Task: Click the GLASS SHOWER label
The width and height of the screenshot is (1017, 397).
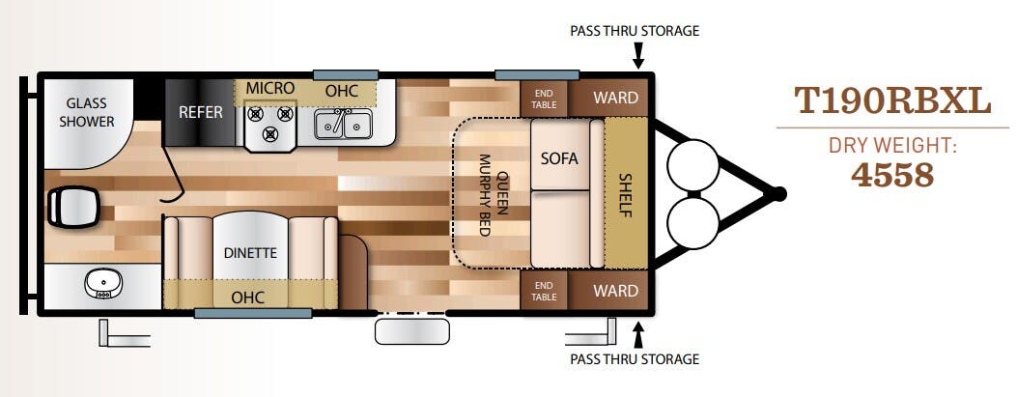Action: (x=86, y=112)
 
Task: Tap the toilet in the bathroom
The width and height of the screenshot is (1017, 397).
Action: (x=72, y=207)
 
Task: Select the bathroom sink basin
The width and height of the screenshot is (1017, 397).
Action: (x=103, y=284)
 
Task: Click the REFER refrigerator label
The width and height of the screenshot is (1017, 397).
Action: (x=201, y=112)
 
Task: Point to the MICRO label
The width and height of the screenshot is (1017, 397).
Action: (x=269, y=88)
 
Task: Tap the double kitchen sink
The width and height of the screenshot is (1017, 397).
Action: (x=344, y=124)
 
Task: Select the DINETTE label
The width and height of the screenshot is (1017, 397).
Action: (x=250, y=253)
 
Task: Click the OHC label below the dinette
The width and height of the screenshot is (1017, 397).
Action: (x=248, y=298)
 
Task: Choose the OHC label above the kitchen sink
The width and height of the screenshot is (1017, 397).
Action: (x=341, y=92)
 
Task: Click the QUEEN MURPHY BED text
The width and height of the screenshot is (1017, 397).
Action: (x=493, y=194)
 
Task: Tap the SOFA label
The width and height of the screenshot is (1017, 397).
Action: (x=559, y=158)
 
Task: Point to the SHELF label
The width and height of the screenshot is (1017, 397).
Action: (x=626, y=195)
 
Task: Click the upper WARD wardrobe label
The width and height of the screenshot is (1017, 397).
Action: (x=615, y=98)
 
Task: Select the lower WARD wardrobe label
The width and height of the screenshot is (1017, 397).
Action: (x=615, y=291)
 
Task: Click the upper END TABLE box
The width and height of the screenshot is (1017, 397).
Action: (x=544, y=99)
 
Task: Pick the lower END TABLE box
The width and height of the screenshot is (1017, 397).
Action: (x=544, y=291)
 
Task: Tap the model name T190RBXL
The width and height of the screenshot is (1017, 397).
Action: (x=892, y=101)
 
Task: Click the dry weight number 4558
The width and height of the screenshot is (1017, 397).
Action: (x=892, y=175)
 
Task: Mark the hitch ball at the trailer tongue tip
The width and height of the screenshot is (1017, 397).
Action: (x=779, y=194)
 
